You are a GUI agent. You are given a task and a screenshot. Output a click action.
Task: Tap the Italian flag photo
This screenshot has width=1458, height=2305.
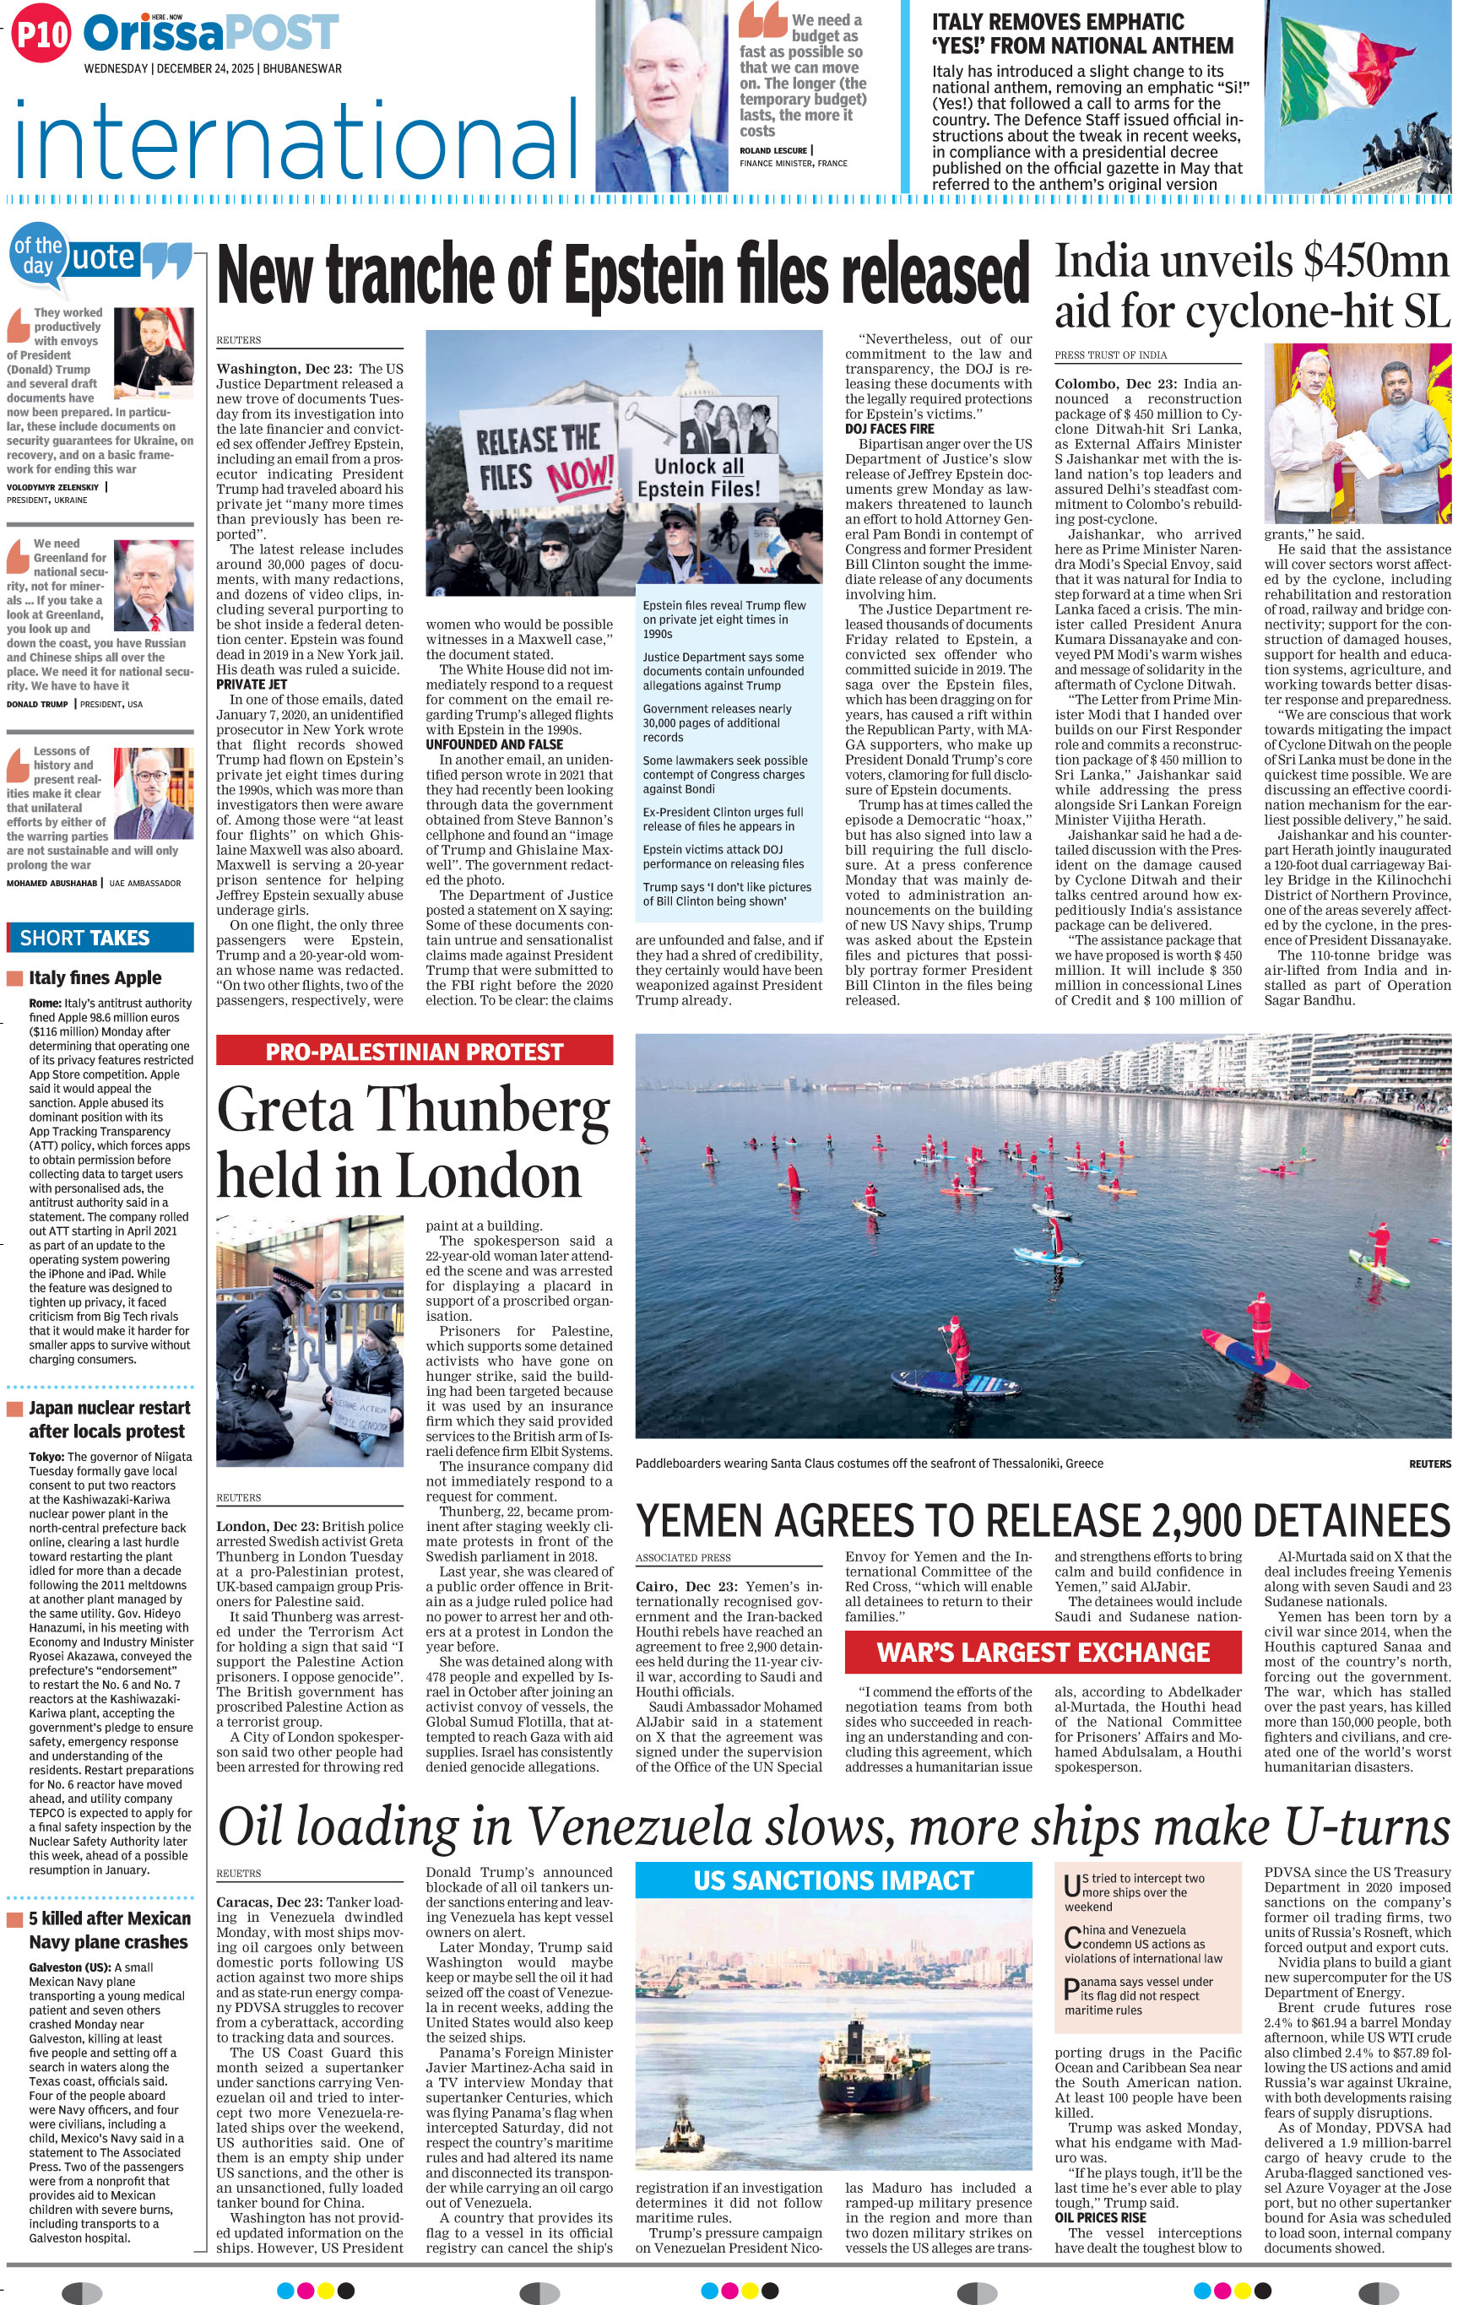click(1359, 95)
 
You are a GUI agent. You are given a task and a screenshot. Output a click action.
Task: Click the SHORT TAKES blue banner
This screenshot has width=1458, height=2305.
click(100, 937)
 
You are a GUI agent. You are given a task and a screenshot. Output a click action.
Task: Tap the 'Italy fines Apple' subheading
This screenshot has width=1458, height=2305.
click(95, 977)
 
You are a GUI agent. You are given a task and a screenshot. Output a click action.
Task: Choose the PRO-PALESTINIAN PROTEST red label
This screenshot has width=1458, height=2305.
click(414, 1051)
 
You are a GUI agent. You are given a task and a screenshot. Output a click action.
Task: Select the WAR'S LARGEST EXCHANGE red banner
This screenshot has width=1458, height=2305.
click(1043, 1653)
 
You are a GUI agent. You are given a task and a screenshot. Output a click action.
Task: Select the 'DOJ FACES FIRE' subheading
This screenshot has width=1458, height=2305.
click(889, 429)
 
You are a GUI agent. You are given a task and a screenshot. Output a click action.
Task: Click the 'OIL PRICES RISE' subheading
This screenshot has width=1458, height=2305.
click(1100, 2217)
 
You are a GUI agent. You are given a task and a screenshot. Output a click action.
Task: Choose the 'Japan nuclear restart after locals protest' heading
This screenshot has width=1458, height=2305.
click(108, 1419)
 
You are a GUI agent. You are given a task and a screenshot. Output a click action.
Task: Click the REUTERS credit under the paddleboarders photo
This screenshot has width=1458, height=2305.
click(1428, 1464)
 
